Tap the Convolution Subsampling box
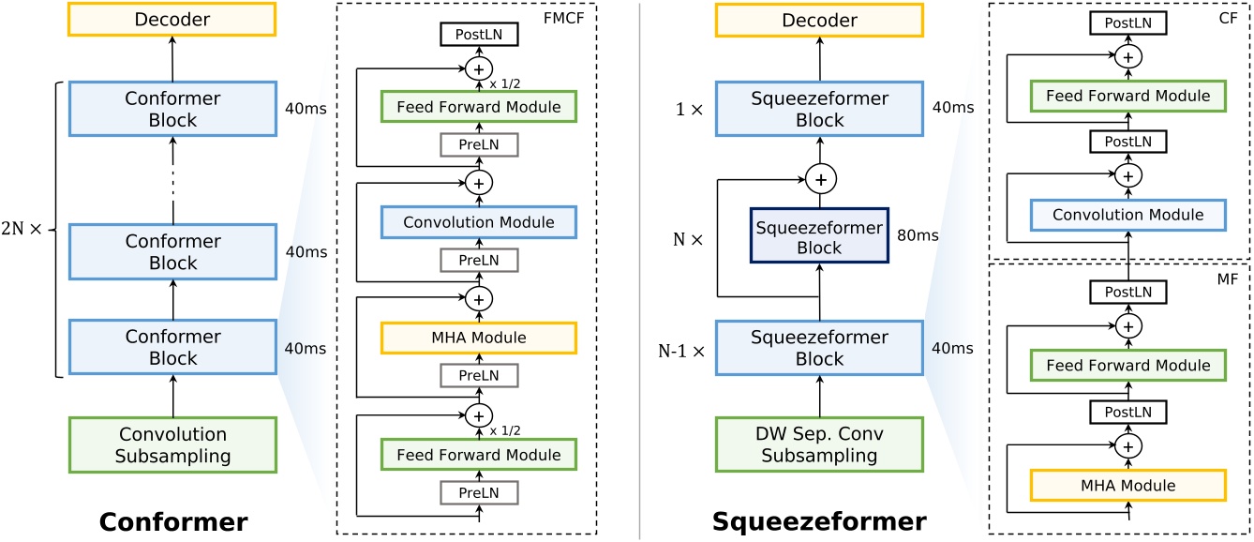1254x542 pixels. coord(172,445)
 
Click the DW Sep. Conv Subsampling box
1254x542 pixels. coord(820,445)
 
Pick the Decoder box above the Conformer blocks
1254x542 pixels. coord(172,21)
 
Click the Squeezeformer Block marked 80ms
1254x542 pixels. coord(820,236)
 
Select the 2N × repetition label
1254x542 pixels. coord(26,229)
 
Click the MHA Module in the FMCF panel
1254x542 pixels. coord(478,337)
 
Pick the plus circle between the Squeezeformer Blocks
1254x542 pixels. coord(820,177)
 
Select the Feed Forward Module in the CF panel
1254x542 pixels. coord(1127,96)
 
